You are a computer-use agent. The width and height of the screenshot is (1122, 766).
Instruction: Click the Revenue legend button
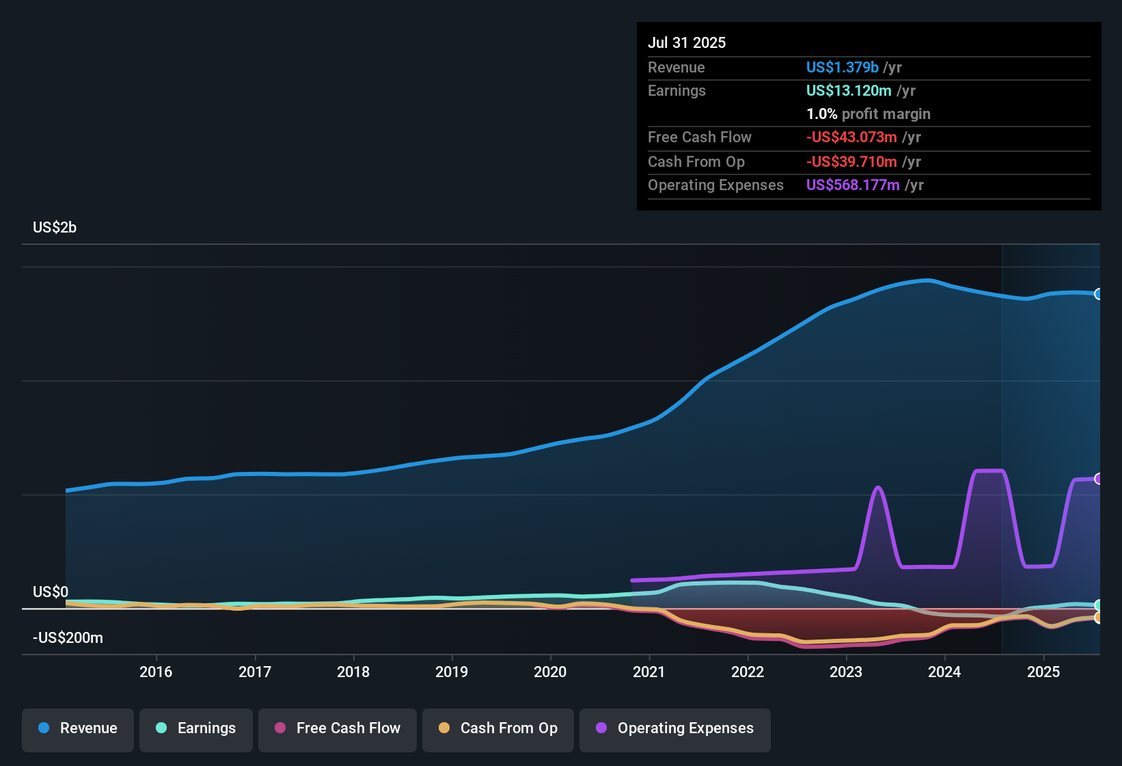coord(78,728)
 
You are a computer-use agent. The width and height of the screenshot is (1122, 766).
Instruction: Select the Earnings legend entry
coord(196,728)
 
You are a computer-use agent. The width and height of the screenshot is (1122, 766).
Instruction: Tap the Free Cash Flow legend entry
coord(338,728)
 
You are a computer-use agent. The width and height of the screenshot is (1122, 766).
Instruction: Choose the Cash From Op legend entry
coord(498,728)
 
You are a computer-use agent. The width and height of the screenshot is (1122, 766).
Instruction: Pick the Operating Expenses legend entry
coord(675,728)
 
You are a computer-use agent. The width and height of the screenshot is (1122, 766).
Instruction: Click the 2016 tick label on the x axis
coord(156,672)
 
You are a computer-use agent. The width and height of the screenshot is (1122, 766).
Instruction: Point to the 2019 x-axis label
coord(452,672)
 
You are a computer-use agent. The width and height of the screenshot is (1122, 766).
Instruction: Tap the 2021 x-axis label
coord(648,672)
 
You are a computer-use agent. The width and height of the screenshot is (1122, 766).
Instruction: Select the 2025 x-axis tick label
coord(1043,672)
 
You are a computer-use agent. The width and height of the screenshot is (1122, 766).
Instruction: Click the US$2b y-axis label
coord(55,228)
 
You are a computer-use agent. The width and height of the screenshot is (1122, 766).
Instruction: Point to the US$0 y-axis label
coord(51,592)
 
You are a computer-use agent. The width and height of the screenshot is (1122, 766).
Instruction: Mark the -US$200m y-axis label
coord(68,638)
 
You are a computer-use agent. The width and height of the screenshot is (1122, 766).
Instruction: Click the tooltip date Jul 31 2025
coord(687,42)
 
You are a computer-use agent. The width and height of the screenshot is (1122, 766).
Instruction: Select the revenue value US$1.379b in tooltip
coord(842,67)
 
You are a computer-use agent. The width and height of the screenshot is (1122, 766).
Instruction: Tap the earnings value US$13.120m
coord(849,90)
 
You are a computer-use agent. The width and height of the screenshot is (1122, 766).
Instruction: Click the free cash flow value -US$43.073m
coord(851,137)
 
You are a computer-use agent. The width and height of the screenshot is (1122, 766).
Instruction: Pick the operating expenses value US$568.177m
coord(853,185)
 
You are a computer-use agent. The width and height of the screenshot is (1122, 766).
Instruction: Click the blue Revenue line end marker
coord(1098,294)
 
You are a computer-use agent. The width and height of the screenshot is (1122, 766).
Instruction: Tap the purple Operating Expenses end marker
coord(1098,479)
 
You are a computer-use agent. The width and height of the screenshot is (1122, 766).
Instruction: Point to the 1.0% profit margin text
coord(868,114)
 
